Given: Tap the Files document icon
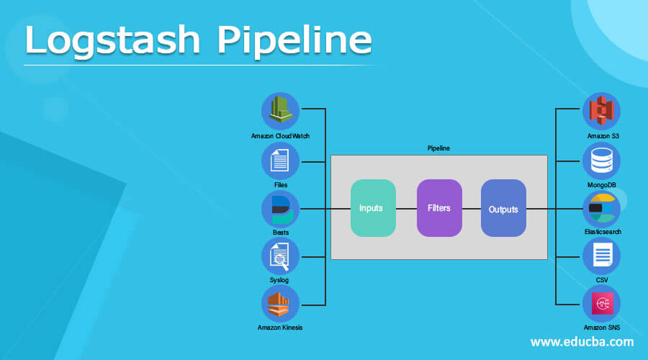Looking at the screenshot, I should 280,161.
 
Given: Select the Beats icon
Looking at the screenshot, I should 280,210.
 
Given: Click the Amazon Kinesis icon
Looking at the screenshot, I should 280,305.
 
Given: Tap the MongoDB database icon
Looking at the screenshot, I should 601,161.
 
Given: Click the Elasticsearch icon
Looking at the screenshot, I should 601,209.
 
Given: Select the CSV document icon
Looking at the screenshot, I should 601,256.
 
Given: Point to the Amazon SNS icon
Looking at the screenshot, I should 601,304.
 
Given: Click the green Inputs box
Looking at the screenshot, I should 373,208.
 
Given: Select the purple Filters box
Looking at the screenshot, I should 439,208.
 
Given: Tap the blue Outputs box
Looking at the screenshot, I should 503,209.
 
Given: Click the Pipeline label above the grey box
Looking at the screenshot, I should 438,148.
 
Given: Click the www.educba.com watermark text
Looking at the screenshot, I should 582,341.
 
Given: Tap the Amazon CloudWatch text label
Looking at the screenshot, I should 280,136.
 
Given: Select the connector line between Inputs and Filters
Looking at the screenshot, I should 406,209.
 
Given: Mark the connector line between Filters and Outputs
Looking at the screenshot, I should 471,209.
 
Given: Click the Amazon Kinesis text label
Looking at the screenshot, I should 280,328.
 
